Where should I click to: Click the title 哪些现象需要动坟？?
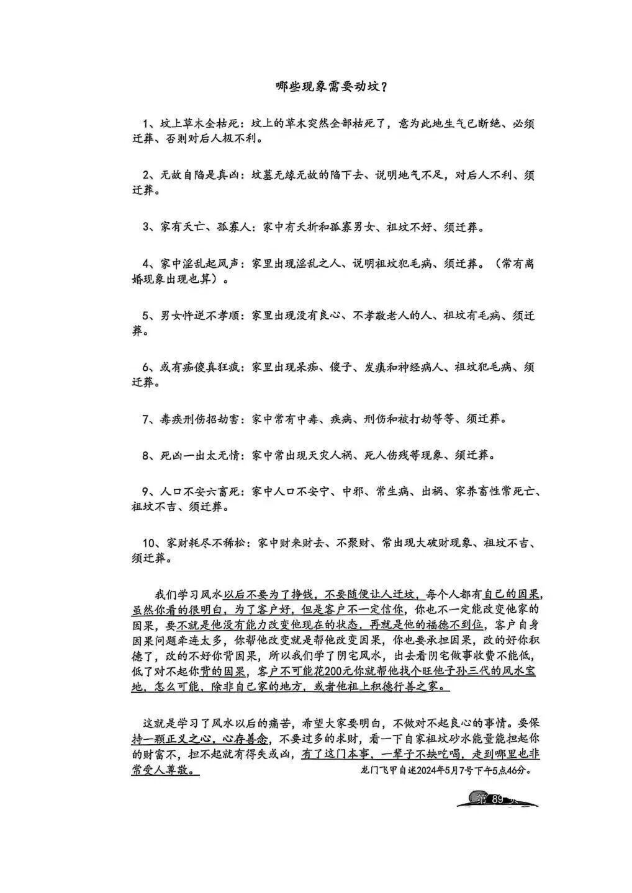pos(332,86)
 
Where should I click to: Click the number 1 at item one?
pos(147,123)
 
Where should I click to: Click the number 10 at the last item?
pos(149,543)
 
